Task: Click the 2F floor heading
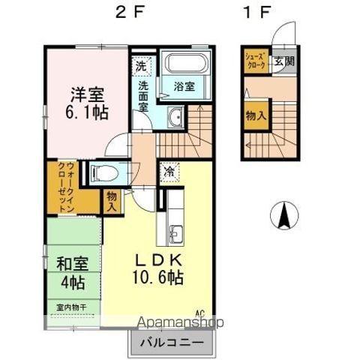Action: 125,13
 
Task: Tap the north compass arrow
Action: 284,216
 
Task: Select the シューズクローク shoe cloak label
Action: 253,61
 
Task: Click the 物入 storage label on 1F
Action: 255,115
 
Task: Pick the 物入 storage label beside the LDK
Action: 111,200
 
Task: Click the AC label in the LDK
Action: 200,313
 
